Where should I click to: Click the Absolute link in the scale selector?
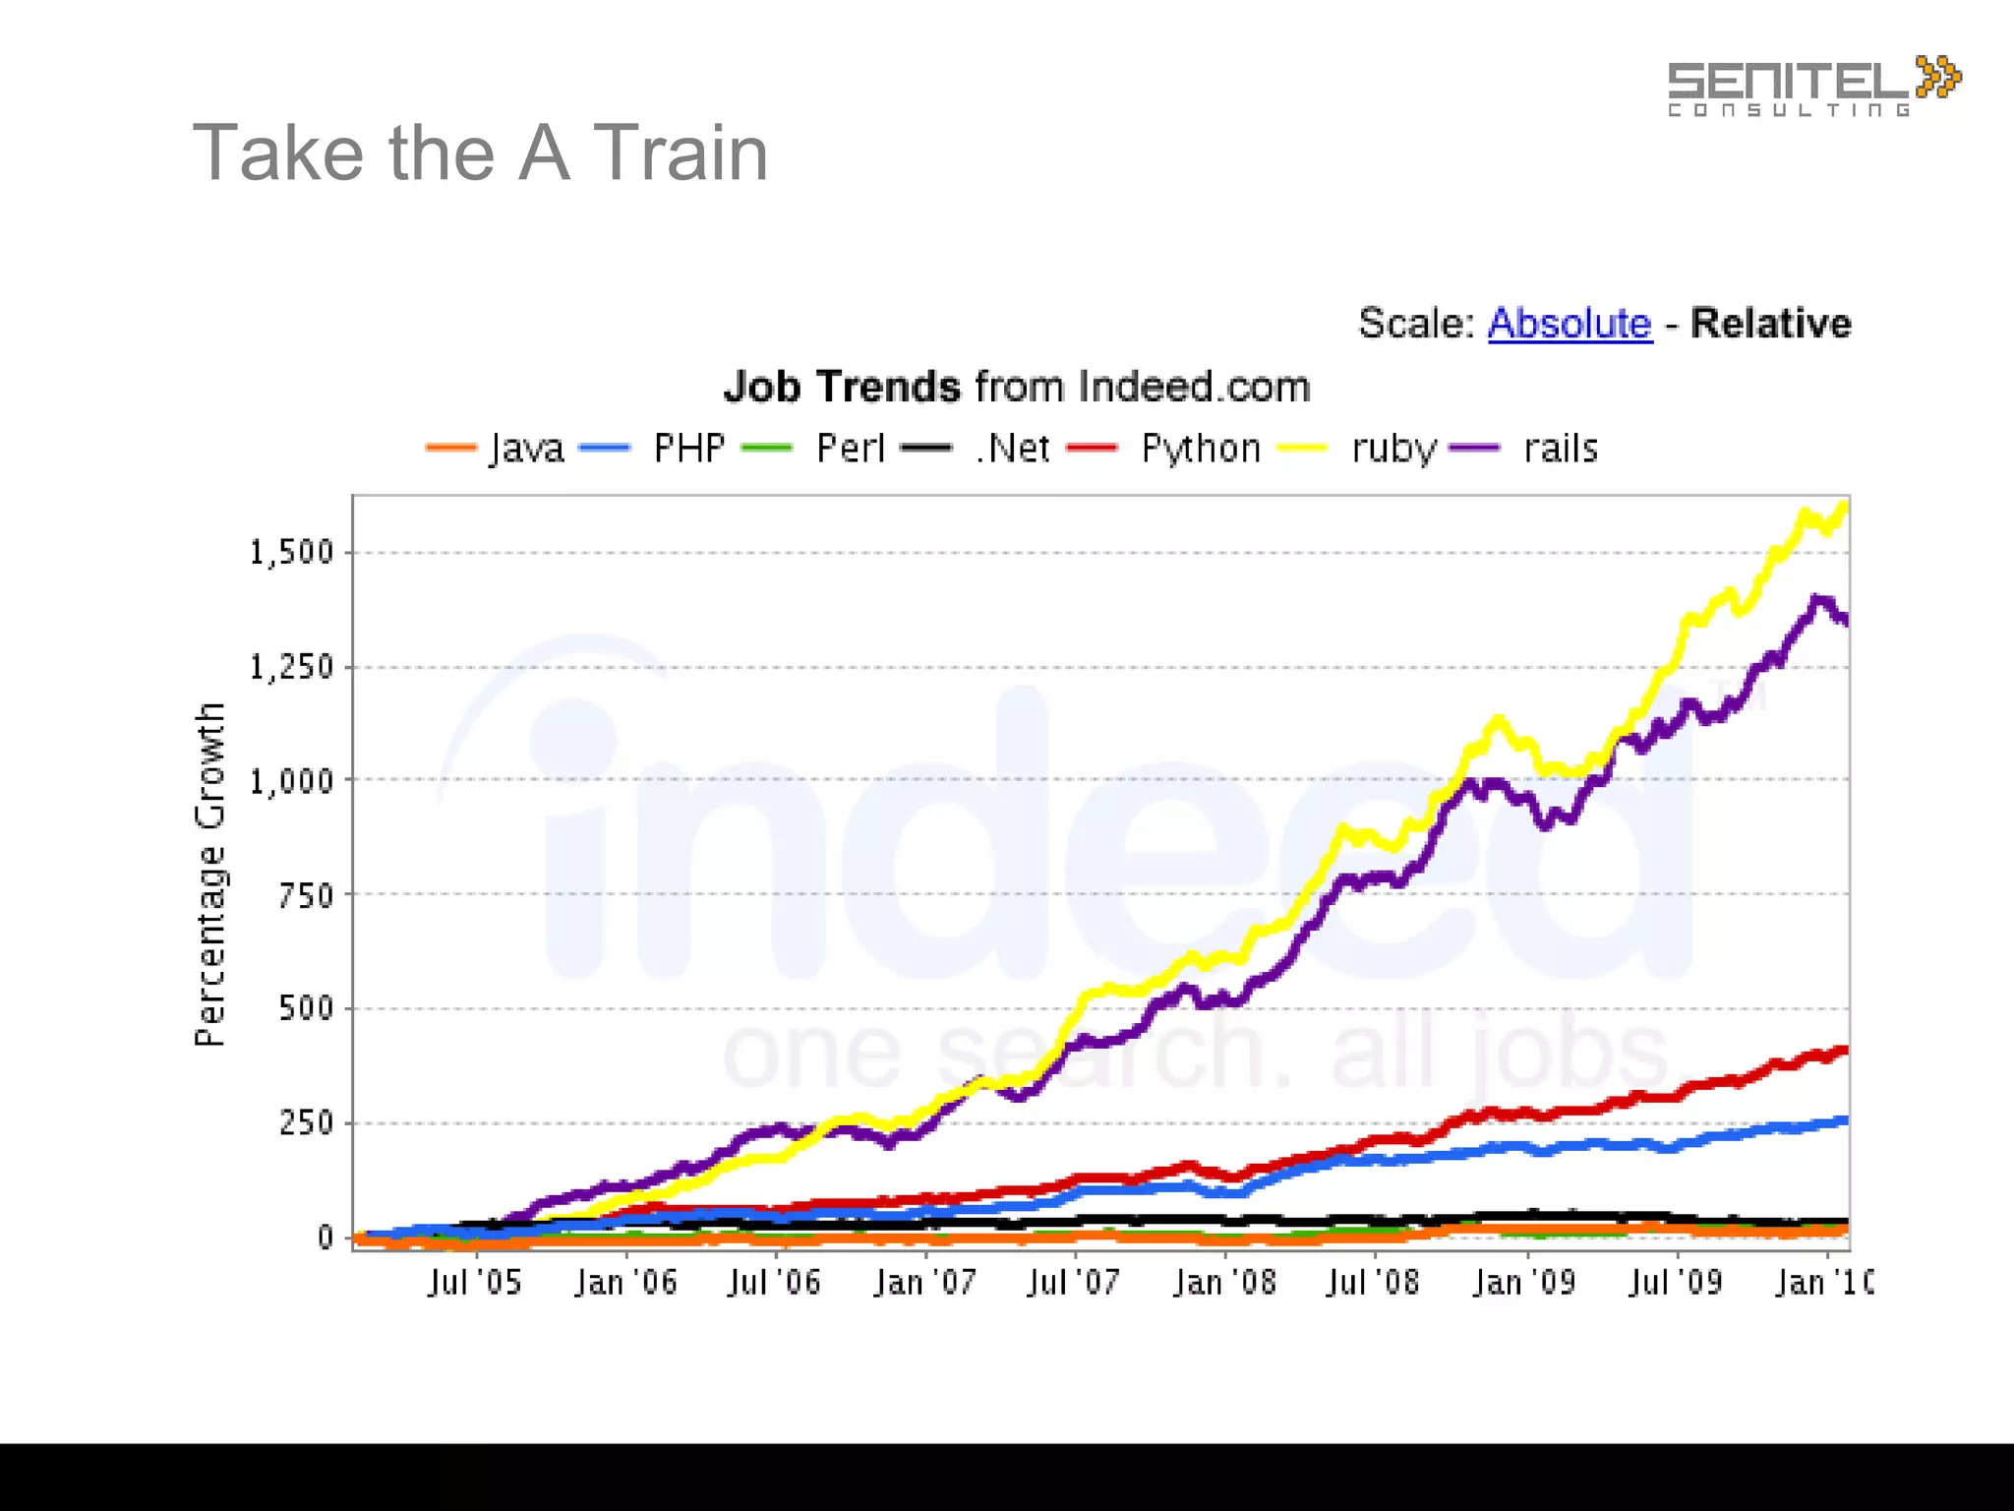pos(1570,324)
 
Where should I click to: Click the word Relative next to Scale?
pos(1770,324)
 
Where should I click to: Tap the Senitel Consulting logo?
pos(1812,87)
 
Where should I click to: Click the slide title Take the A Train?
pos(480,153)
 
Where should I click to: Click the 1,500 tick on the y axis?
pos(292,553)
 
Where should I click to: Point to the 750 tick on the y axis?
pos(306,895)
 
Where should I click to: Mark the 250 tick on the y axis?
pos(306,1122)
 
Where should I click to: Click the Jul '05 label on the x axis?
pos(475,1283)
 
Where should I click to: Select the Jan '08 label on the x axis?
pos(1224,1283)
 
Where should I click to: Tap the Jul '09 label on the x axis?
pos(1676,1283)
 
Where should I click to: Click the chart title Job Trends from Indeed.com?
pos(1017,387)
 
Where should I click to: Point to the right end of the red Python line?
pos(1845,1051)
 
